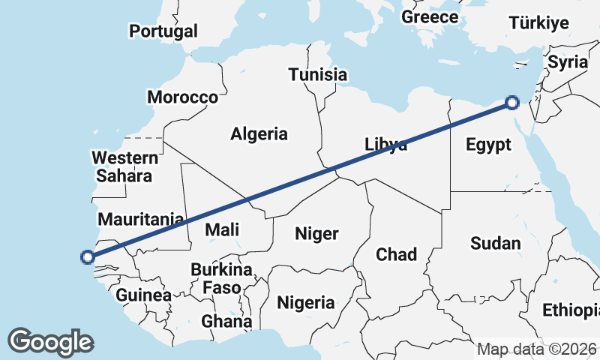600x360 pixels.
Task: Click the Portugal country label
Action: pos(163,31)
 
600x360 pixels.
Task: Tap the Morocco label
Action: pos(182,97)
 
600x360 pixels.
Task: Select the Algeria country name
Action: pos(259,134)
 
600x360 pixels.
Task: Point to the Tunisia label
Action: pos(318,74)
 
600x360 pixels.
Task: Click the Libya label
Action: pos(386,145)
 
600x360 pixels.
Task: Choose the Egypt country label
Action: pos(487,145)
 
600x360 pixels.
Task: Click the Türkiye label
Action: pos(538,23)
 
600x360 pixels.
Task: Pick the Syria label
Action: pos(567,62)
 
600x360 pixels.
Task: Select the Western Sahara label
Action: pos(124,167)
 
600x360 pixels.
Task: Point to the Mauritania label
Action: pos(141,220)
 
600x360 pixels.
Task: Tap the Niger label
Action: pos(316,233)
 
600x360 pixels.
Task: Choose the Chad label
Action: pos(396,254)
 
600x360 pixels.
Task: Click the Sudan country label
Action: pos(495,243)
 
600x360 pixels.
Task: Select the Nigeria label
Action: pos(306,303)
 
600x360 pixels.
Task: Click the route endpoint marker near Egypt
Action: pos(512,103)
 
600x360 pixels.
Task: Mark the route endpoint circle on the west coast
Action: pos(88,257)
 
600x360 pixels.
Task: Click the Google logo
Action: pos(50,342)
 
